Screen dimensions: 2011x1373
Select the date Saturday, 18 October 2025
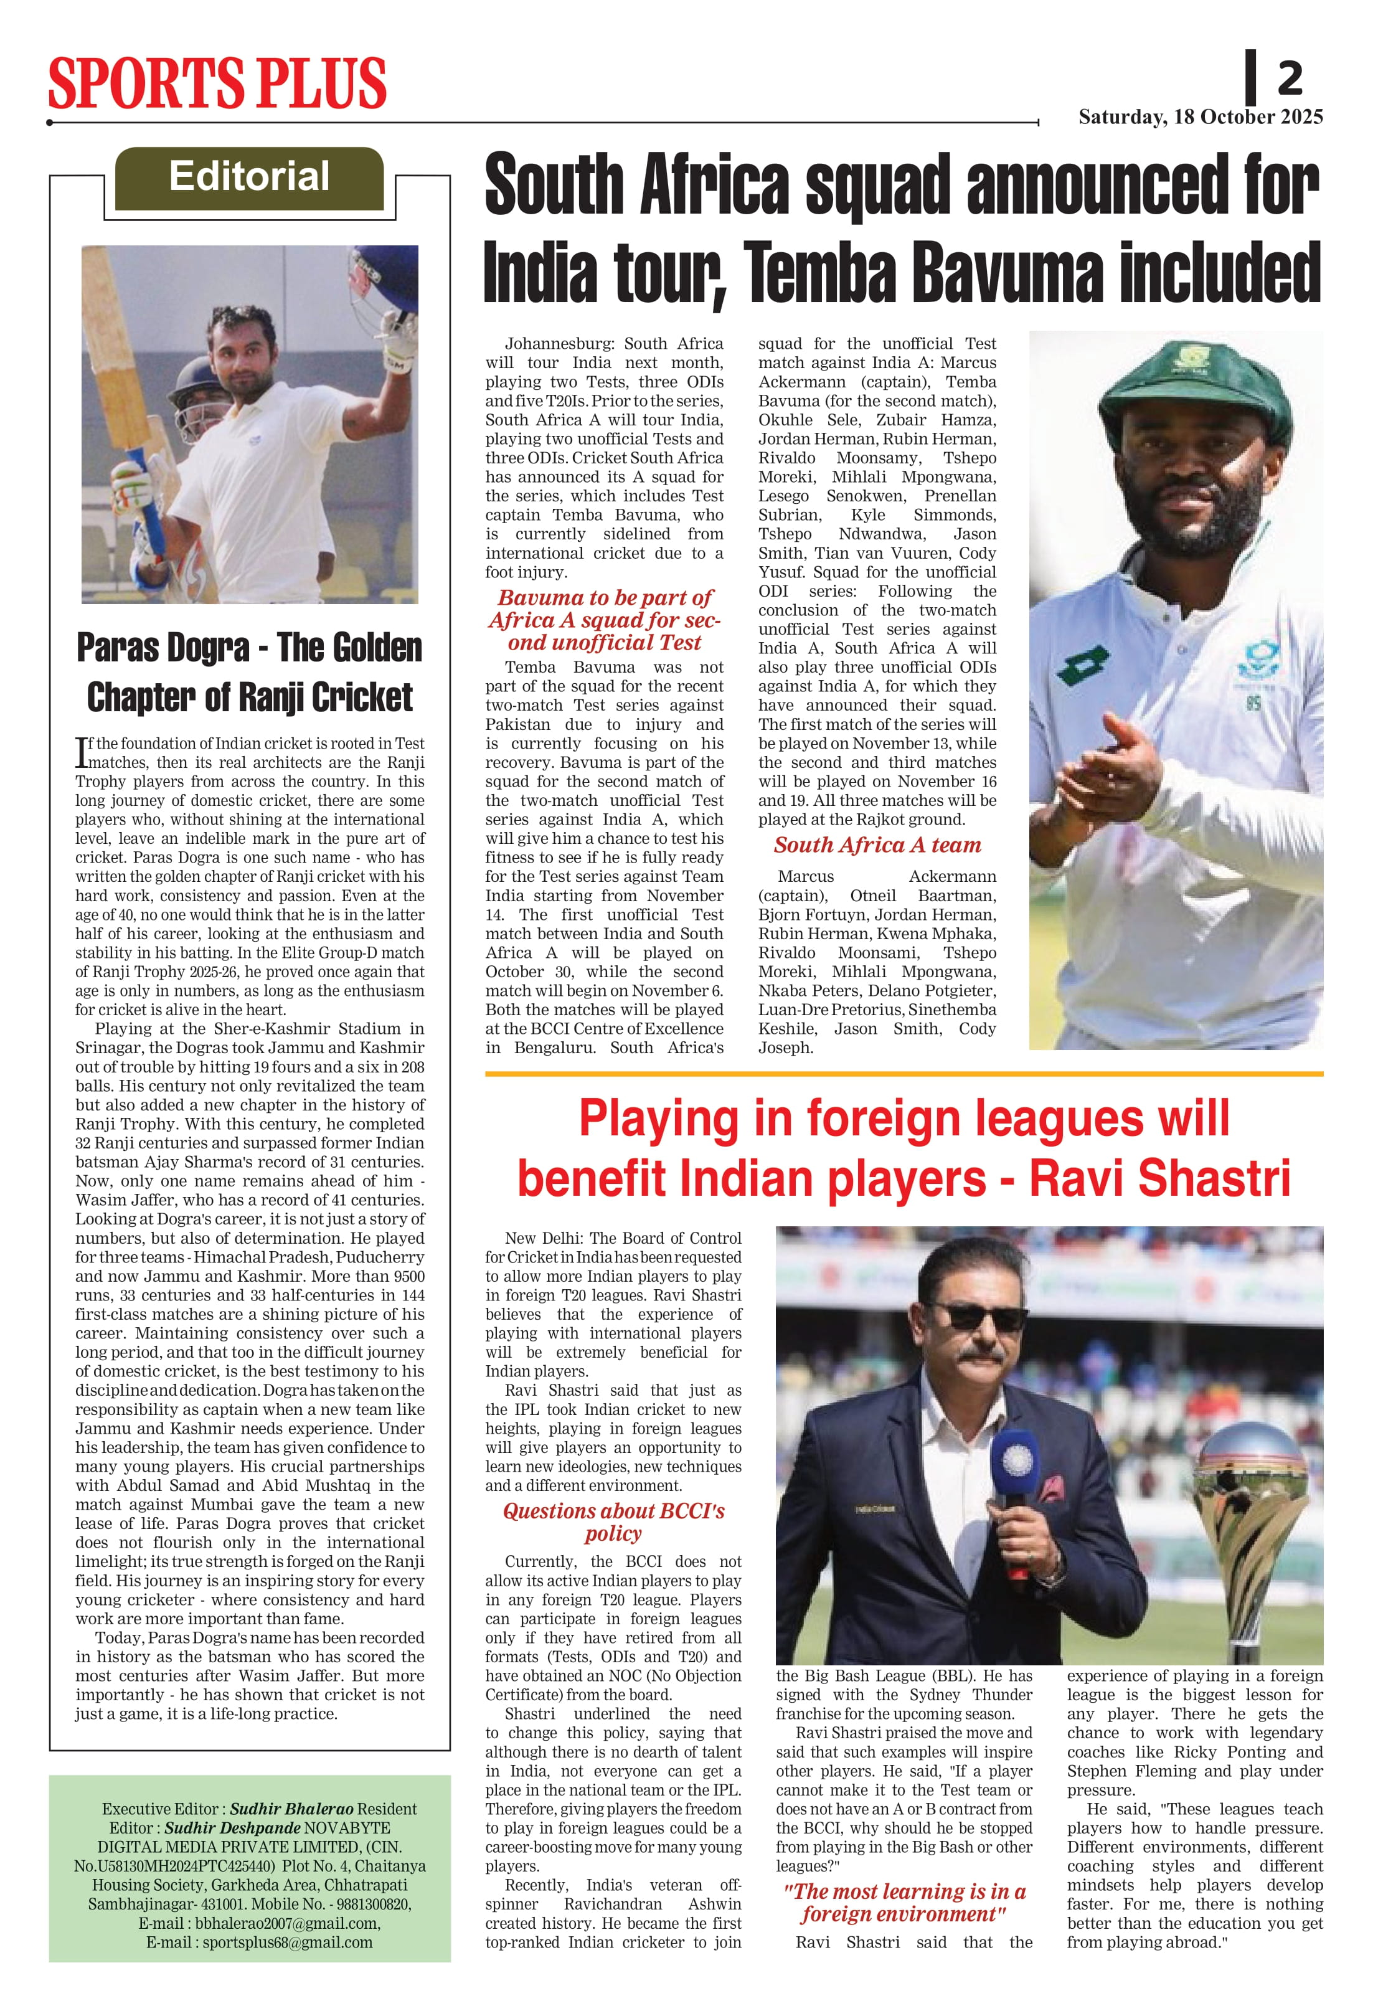(1200, 117)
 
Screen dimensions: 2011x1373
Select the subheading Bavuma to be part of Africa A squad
(604, 620)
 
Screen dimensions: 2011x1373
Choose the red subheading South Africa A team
(876, 845)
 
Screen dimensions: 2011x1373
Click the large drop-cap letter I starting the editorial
(82, 752)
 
